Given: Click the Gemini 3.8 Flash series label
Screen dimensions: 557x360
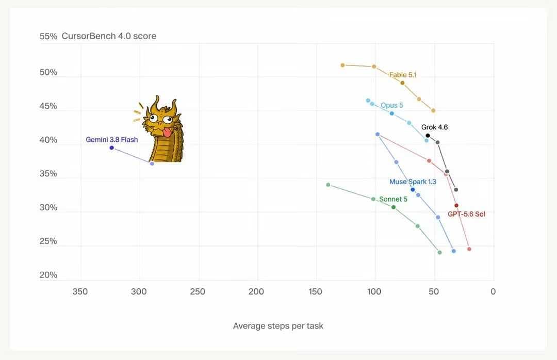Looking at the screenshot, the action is tap(111, 140).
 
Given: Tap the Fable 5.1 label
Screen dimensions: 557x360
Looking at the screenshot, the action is tap(402, 75).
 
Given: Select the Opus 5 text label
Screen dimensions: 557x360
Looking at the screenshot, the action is tap(392, 105).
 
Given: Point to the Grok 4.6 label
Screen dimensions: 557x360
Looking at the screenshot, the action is tap(434, 127).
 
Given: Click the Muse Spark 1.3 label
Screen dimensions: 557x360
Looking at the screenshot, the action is tap(413, 182).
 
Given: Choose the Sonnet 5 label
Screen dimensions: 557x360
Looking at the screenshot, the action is tap(393, 199).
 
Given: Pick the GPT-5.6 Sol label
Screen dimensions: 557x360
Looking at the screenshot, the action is tap(466, 214).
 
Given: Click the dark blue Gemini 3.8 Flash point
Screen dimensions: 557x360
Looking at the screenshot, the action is tap(111, 148).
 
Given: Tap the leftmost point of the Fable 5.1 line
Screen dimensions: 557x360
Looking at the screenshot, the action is tap(342, 65).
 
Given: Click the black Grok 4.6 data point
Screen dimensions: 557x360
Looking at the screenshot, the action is tap(428, 136).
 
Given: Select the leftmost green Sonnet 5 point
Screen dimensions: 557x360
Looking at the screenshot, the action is tap(328, 185).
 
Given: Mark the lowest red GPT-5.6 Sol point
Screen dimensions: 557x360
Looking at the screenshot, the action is tap(469, 249).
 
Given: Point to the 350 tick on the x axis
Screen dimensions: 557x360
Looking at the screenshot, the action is tap(80, 291).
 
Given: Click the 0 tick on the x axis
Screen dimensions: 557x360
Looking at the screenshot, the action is tap(493, 291).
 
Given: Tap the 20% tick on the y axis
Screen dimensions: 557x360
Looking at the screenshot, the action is tap(48, 275).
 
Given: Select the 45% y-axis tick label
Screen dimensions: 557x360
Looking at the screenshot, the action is tap(48, 106).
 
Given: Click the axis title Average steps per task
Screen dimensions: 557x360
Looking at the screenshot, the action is tap(278, 326).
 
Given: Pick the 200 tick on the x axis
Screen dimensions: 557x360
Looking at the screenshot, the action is tap(256, 291).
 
